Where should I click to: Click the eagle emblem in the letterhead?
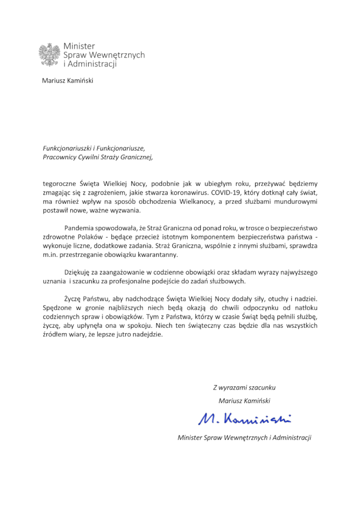[x=49, y=55]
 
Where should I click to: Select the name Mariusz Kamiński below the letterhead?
[x=67, y=81]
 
